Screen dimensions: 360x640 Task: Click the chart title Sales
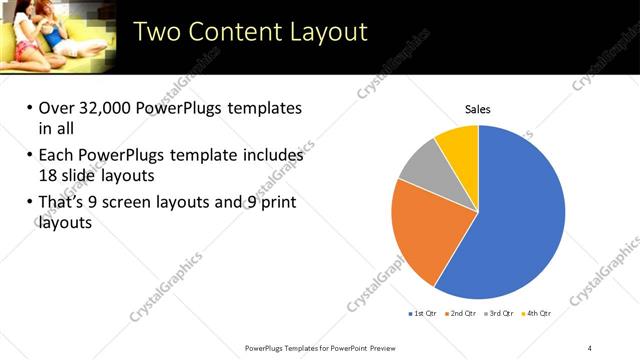[x=478, y=109]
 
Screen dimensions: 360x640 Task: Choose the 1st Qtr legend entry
[x=423, y=313]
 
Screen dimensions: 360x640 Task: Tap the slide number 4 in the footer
[x=591, y=348]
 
